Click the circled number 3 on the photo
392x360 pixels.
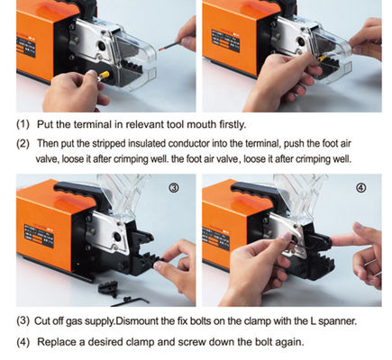(175, 189)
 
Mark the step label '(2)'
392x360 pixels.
(22, 143)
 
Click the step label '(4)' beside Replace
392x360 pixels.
(22, 342)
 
